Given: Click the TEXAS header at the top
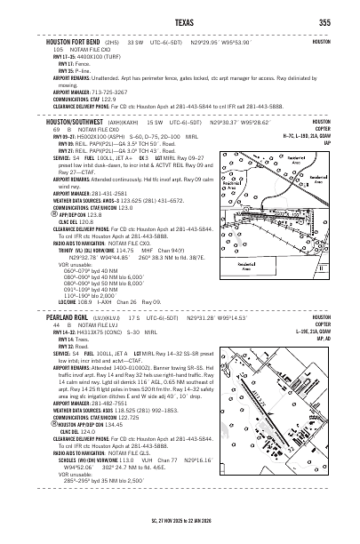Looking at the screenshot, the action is (180, 22).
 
